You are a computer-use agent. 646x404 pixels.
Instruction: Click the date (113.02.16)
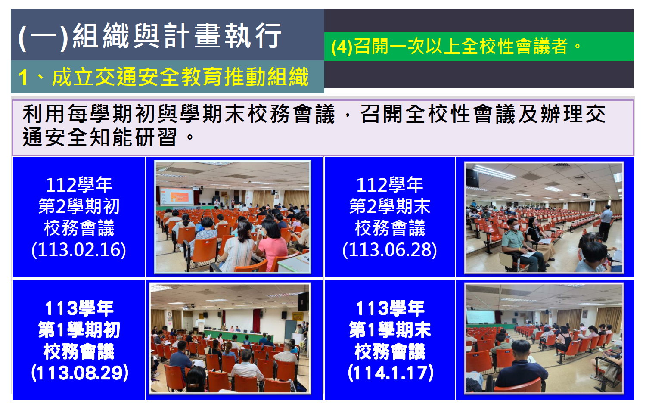[x=79, y=250]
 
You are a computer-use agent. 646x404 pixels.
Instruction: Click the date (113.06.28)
[x=390, y=250]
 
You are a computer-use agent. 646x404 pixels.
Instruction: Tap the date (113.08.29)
[x=80, y=373]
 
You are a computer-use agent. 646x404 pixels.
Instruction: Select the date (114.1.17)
[x=391, y=373]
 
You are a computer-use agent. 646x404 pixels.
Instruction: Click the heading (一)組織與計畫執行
[x=150, y=36]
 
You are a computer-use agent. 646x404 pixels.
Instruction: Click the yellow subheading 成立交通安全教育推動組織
[x=180, y=77]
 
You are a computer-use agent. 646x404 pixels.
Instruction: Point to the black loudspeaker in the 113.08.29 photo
[x=303, y=301]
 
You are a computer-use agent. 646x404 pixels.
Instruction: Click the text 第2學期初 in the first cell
[x=79, y=206]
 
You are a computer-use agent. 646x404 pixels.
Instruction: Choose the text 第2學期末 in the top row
[x=390, y=206]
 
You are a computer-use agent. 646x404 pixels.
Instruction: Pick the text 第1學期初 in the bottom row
[x=79, y=330]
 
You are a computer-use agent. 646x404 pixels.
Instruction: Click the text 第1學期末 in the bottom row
[x=390, y=330]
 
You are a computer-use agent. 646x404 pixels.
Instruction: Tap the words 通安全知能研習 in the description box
[x=100, y=137]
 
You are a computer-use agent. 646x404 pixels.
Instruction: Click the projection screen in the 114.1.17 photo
[x=480, y=317]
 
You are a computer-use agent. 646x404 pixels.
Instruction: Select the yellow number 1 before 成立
[x=23, y=78]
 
